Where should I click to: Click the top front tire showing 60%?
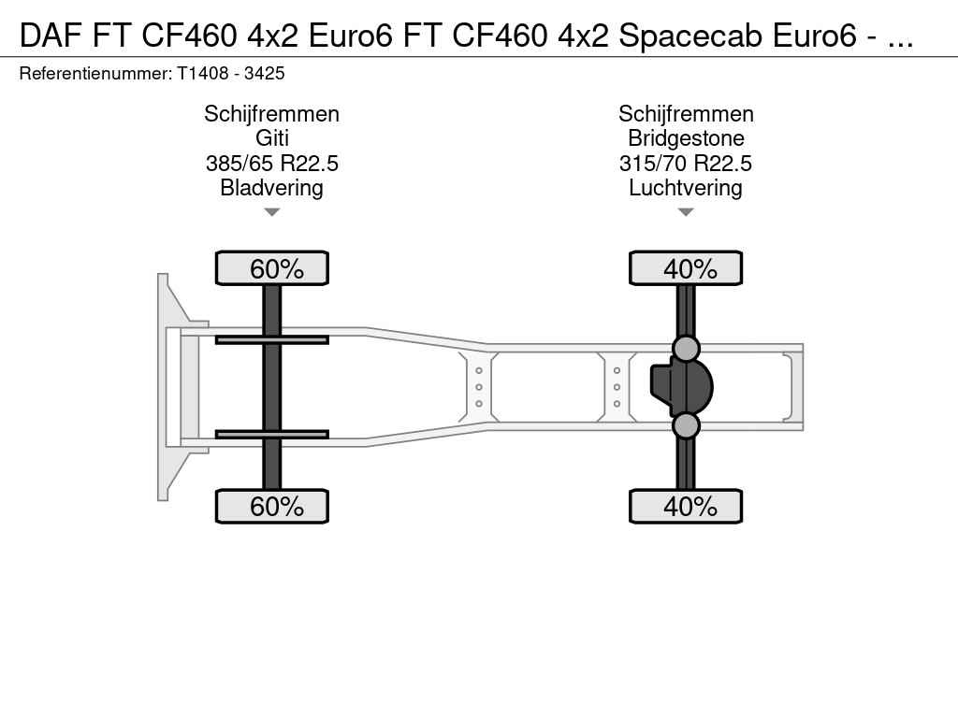[272, 268]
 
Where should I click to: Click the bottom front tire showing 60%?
[272, 506]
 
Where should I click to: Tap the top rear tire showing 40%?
[686, 268]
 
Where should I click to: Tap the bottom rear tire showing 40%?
[686, 506]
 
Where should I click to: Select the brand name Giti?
[272, 138]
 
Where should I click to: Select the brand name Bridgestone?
[686, 138]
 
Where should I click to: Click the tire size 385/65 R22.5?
[272, 164]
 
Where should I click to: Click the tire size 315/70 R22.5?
[686, 164]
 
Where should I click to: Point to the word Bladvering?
[272, 188]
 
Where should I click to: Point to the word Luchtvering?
[686, 188]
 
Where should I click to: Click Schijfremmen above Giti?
[272, 114]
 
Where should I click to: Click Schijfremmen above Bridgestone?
[686, 114]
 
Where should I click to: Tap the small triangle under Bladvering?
[272, 212]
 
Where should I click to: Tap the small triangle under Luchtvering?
[686, 212]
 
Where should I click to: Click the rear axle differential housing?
[682, 387]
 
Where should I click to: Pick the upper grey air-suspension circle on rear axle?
[686, 349]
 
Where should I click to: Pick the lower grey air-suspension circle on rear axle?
[686, 425]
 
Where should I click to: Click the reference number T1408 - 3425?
[231, 74]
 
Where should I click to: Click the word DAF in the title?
[51, 36]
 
